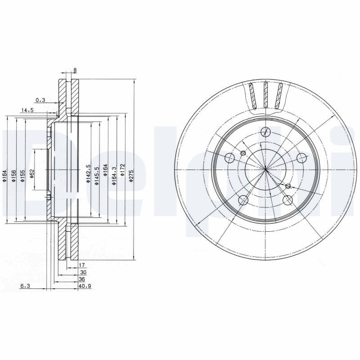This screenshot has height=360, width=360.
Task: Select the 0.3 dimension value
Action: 40,100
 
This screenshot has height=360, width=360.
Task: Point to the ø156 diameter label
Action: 13,175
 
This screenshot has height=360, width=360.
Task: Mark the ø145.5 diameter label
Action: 96,175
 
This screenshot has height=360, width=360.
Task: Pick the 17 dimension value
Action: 82,265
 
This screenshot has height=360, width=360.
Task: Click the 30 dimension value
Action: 83,272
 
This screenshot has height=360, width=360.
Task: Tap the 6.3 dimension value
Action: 25,286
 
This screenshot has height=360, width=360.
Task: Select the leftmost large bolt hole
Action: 229,157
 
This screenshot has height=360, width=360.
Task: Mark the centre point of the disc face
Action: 266,169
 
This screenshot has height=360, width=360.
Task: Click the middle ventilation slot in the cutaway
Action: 265,95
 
